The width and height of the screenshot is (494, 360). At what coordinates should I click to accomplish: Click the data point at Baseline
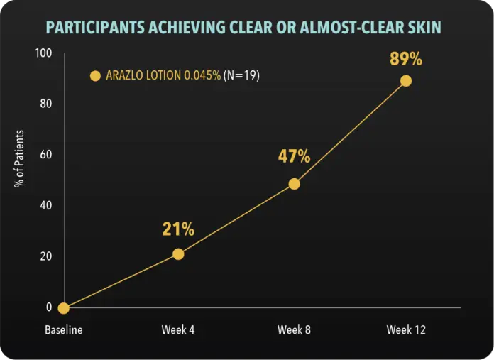coord(64,308)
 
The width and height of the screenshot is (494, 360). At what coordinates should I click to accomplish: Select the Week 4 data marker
coord(178,254)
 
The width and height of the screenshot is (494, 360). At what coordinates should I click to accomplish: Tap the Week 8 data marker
coord(295,184)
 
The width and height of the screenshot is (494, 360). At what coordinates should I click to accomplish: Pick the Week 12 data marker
coord(406,81)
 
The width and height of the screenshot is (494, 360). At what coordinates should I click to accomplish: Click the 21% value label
coord(178,229)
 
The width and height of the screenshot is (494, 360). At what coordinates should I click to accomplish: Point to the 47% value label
coord(294,156)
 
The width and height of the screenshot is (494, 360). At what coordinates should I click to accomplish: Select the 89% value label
coord(406,59)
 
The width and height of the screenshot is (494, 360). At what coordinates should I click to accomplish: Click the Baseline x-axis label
coord(64,331)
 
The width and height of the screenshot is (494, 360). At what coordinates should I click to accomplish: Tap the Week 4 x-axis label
coord(178,331)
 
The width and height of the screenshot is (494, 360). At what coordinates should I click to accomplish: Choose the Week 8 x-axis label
coord(294,331)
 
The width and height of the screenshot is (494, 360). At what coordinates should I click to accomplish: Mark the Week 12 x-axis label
coord(407,331)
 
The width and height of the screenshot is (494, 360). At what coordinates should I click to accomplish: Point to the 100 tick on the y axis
coord(43,53)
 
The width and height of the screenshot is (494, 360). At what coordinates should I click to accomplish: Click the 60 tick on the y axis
coord(46,155)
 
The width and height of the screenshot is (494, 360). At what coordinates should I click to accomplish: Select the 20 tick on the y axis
coord(46,256)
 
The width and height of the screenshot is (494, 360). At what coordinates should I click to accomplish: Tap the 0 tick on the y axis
coord(49,307)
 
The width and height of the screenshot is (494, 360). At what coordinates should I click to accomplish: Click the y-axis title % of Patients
coord(20,159)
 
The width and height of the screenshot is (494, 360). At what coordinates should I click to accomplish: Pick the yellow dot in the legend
coord(95,75)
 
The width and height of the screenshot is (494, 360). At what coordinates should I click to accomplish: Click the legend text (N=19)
coord(241,75)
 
